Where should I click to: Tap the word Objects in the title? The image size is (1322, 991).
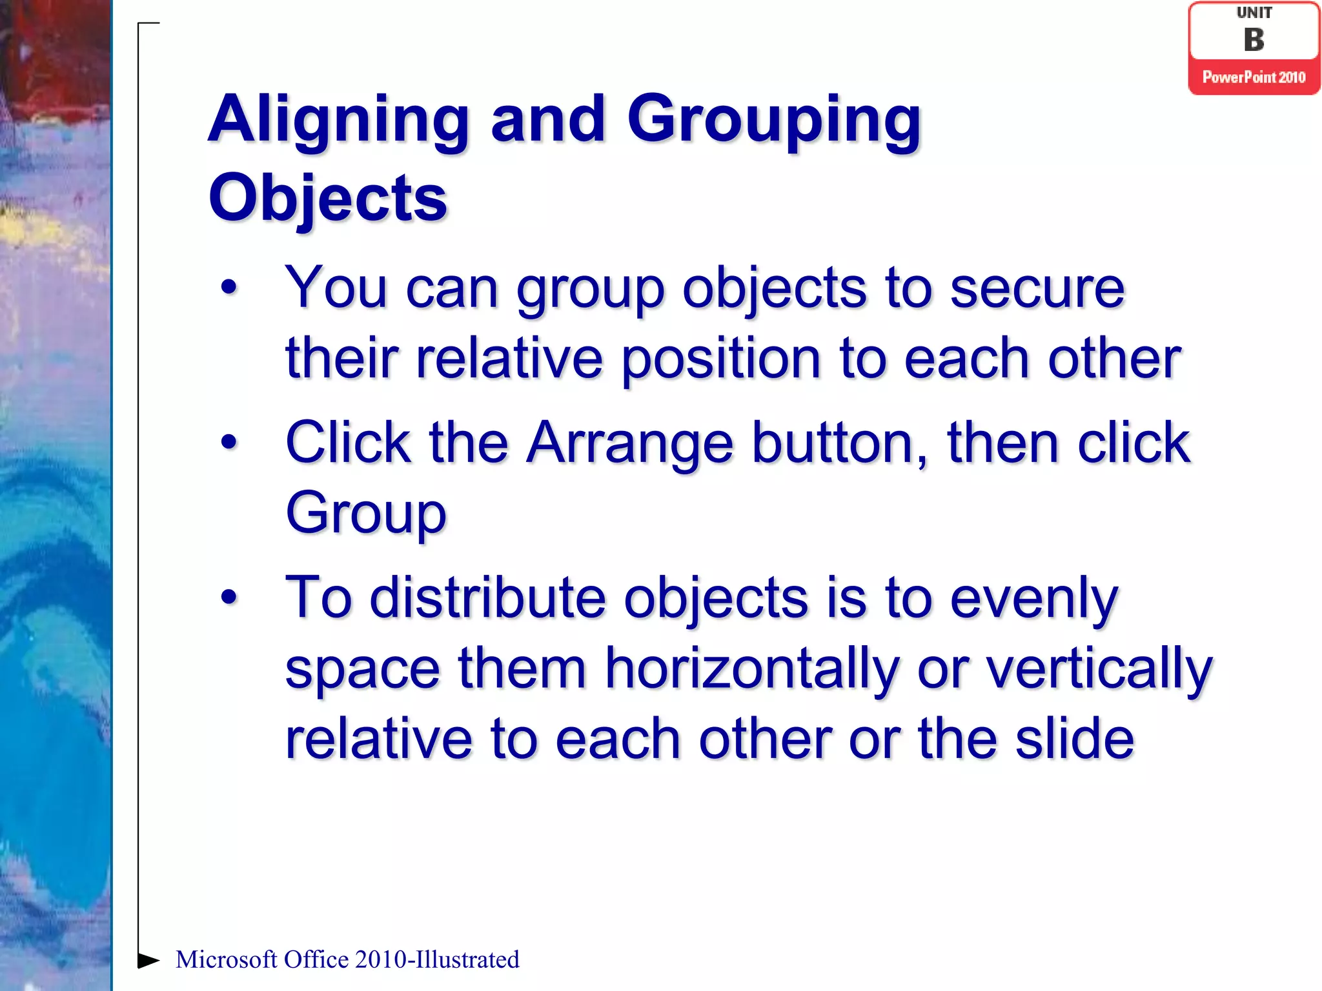(x=328, y=199)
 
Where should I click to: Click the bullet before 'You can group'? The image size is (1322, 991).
(x=229, y=287)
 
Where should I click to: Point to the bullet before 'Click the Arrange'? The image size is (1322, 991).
(x=229, y=443)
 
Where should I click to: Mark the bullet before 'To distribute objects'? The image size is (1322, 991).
(x=229, y=597)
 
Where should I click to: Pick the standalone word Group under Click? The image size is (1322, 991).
(x=366, y=514)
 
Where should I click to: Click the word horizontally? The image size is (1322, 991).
(x=751, y=669)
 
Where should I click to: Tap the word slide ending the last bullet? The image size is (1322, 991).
(x=1073, y=739)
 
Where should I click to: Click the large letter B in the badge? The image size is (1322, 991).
(x=1254, y=40)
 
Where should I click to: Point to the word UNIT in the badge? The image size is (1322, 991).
(x=1254, y=13)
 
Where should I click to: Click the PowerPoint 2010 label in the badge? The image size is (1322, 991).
(x=1254, y=77)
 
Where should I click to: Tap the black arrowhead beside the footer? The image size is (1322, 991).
(x=148, y=960)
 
